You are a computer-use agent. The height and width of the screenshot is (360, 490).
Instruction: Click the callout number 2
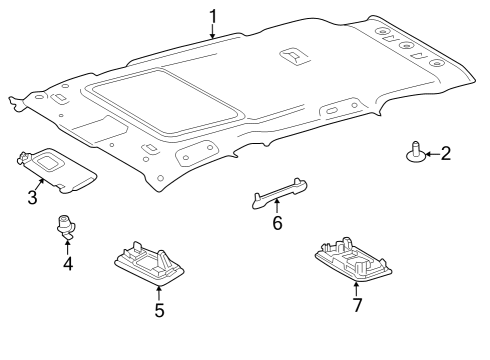445,153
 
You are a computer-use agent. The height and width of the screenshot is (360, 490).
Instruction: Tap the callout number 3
32,197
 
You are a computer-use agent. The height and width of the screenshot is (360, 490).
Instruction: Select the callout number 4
68,264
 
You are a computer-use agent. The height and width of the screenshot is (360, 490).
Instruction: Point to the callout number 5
159,310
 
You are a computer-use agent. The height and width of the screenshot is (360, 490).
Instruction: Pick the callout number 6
277,223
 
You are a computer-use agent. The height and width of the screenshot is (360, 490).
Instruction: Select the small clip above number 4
68,228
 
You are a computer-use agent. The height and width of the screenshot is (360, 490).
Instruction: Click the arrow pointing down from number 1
213,31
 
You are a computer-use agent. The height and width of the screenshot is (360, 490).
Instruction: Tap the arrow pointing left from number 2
429,153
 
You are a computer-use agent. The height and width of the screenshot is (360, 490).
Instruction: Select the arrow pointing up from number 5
159,291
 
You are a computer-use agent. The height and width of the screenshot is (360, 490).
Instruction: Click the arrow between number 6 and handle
277,206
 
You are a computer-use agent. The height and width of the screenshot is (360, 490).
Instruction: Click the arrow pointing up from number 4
68,246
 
